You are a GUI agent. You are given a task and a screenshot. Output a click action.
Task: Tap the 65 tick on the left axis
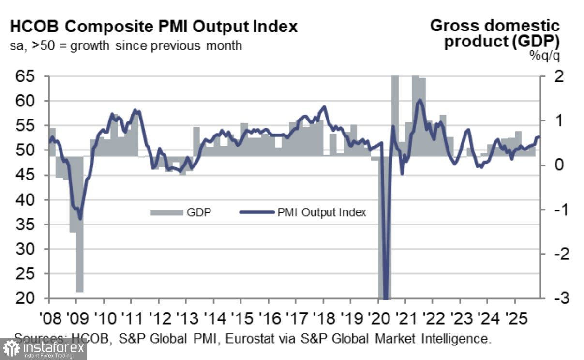pyautogui.click(x=28, y=76)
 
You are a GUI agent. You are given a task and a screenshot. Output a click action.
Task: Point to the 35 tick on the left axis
pyautogui.click(x=28, y=225)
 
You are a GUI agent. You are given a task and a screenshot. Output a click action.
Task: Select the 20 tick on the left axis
pyautogui.click(x=28, y=299)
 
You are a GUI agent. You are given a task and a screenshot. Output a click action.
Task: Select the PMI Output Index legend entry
pyautogui.click(x=302, y=212)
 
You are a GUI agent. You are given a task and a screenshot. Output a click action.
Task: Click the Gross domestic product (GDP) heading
pyautogui.click(x=498, y=33)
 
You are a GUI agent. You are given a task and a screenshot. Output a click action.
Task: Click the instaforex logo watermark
pyautogui.click(x=44, y=349)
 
